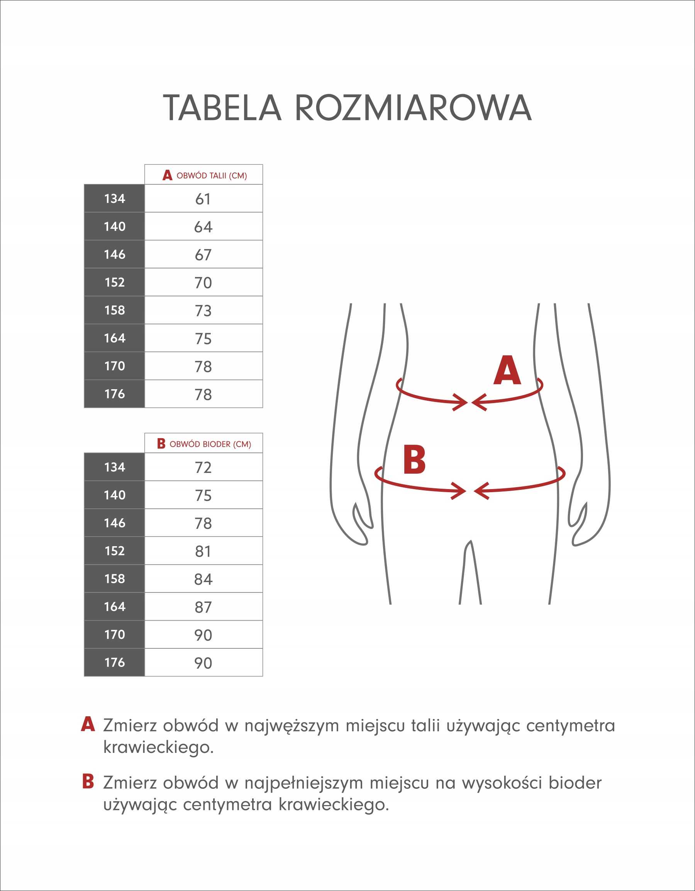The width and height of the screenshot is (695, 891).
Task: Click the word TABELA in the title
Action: (x=222, y=108)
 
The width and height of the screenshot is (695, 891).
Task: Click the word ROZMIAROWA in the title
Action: (x=413, y=108)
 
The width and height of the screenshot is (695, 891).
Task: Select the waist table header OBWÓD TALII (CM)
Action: (x=212, y=176)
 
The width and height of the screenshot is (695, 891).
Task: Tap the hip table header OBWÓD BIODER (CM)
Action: (x=210, y=444)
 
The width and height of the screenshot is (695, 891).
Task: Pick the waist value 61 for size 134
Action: (x=203, y=199)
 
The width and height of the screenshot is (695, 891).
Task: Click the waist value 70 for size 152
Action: (x=203, y=283)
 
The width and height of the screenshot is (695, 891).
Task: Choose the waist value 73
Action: (x=203, y=311)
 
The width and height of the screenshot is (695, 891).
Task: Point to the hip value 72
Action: (x=203, y=467)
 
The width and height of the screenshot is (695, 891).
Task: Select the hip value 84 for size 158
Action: (x=203, y=579)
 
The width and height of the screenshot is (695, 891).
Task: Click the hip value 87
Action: (x=203, y=607)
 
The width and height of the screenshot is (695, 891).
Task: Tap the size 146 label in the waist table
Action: (x=114, y=255)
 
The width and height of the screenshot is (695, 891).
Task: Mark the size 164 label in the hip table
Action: (x=114, y=607)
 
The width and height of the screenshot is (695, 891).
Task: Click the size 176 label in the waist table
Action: (x=114, y=394)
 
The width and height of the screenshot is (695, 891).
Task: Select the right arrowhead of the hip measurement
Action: (x=481, y=491)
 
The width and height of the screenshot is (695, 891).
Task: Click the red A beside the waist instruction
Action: (x=88, y=724)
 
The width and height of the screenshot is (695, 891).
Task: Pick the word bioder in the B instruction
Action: (x=575, y=783)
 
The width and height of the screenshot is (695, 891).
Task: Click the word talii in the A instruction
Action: (x=425, y=726)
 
